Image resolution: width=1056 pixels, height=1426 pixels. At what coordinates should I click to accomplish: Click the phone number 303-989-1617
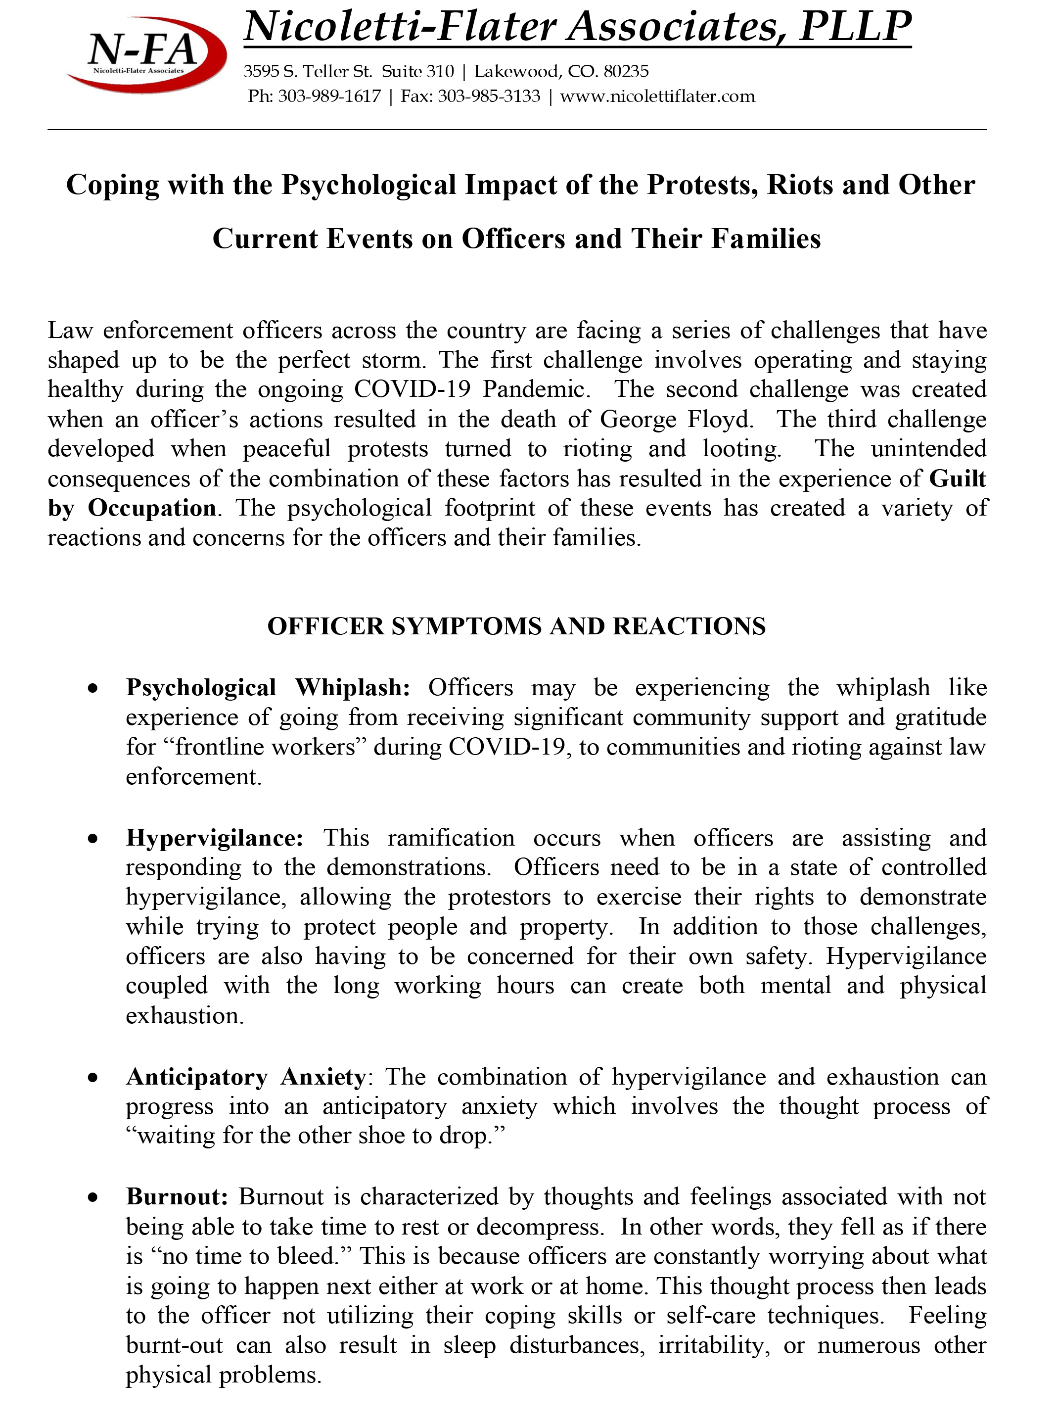(329, 96)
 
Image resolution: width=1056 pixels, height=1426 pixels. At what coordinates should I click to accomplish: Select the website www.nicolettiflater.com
(657, 96)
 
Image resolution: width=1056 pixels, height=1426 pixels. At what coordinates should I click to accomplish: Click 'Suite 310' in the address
(417, 71)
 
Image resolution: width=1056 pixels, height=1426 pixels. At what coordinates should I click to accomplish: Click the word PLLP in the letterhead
(855, 28)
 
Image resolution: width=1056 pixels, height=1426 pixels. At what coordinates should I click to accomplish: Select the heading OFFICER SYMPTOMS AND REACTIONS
(516, 626)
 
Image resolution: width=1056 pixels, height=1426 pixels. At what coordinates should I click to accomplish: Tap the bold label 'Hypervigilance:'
(214, 838)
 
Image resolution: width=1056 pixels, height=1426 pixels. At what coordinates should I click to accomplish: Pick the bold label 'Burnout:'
(177, 1196)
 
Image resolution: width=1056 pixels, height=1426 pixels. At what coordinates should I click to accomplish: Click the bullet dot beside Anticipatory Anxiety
(93, 1078)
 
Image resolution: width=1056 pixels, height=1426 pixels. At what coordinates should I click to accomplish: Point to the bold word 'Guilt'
(957, 478)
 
